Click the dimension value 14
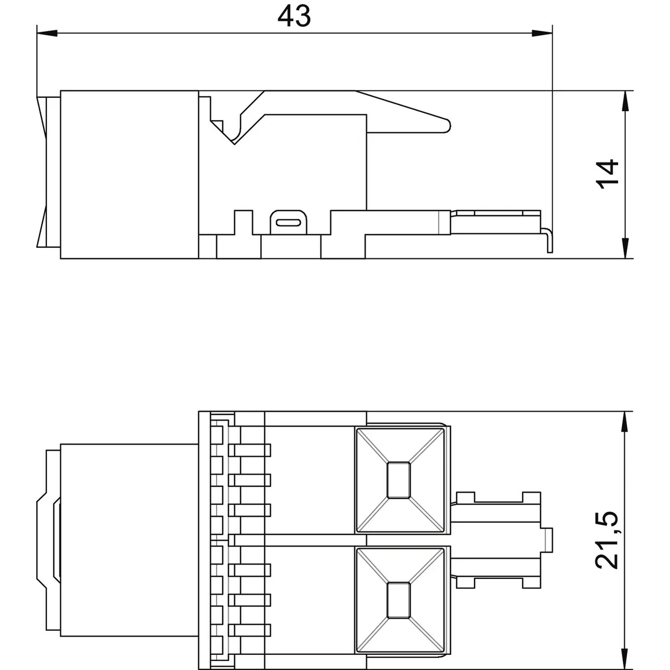point(607,174)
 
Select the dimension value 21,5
point(607,540)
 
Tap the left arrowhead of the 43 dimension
point(47,33)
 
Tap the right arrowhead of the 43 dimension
point(542,33)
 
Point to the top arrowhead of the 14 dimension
point(625,101)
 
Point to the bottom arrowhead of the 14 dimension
point(625,248)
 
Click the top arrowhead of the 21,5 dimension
point(625,422)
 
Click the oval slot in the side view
point(288,222)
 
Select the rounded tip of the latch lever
point(448,126)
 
